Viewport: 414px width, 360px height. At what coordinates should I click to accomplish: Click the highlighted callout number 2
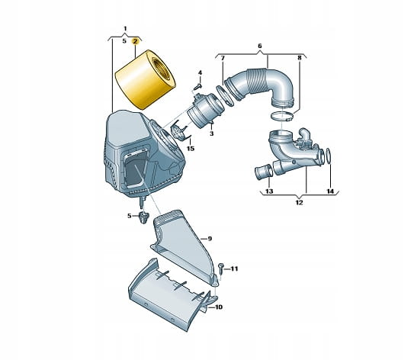coord(135,41)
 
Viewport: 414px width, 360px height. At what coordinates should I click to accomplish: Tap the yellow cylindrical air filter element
coord(145,79)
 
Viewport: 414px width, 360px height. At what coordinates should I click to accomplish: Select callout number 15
coord(191,149)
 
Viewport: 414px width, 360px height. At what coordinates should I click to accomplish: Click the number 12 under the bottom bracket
coord(299,203)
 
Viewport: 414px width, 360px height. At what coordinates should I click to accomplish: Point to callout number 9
coord(210,239)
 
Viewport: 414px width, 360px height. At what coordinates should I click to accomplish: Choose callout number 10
coord(219,307)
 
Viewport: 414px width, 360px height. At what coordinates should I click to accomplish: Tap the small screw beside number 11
coord(221,268)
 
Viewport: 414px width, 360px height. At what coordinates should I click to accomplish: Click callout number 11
coord(234,269)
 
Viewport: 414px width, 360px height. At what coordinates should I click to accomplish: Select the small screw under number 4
coord(198,85)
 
